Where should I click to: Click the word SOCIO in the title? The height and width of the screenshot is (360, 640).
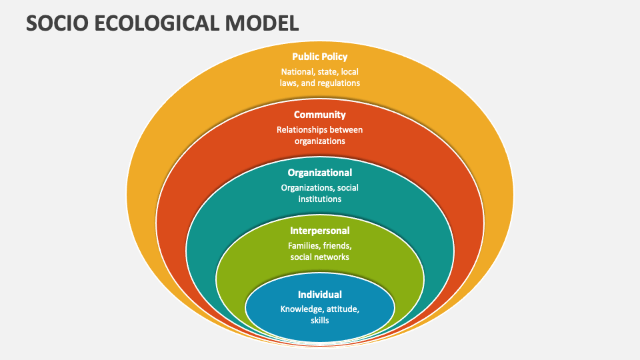(x=57, y=23)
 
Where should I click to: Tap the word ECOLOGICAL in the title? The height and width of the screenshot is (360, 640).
(x=157, y=23)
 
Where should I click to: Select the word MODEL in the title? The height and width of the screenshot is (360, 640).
(x=262, y=23)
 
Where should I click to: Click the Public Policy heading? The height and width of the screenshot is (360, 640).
(x=319, y=57)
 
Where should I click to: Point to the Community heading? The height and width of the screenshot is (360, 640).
(x=319, y=115)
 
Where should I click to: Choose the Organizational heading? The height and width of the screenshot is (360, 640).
(x=319, y=173)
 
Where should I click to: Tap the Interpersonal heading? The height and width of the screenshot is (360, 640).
(x=319, y=231)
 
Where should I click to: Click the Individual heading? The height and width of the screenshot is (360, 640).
(x=319, y=294)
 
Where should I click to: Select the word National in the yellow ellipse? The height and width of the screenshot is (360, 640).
(x=297, y=72)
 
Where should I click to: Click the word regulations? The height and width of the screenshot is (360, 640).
(x=339, y=83)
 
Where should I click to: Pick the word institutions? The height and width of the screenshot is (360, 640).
(x=319, y=199)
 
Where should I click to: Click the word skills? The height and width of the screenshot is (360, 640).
(x=319, y=321)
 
